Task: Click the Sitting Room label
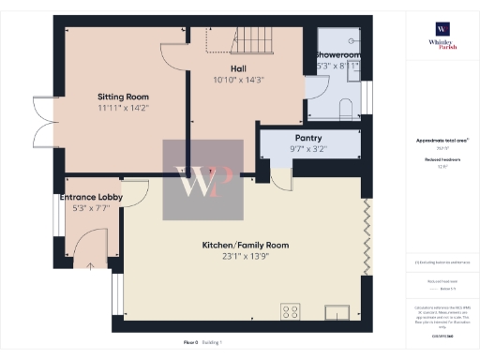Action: pos(125,96)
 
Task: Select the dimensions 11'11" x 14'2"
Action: pos(125,108)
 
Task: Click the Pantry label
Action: pos(308,137)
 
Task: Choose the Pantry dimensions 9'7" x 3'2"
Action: pos(308,148)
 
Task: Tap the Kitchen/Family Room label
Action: pos(246,246)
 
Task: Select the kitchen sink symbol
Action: pos(336,312)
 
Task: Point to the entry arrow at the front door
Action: pos(90,266)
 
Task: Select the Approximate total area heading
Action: pos(442,141)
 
